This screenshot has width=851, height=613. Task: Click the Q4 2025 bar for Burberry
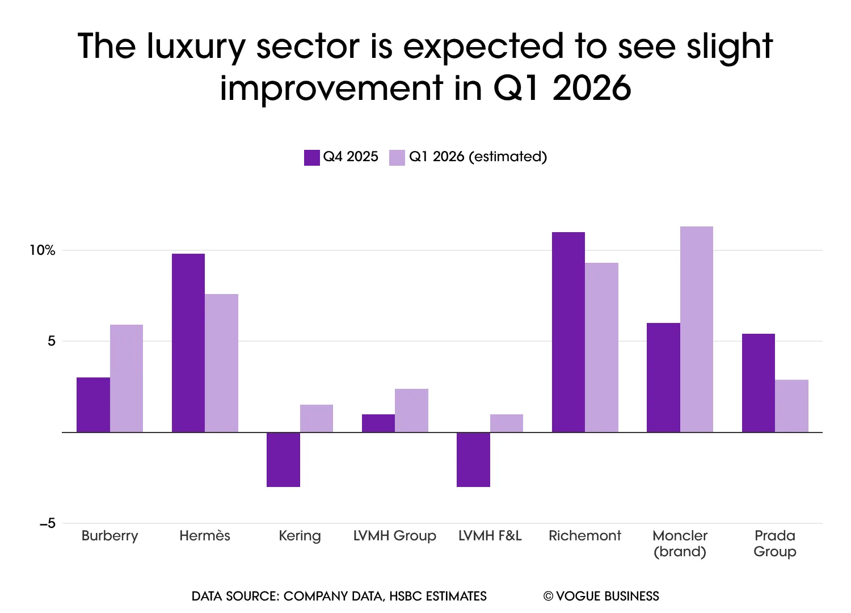(x=93, y=405)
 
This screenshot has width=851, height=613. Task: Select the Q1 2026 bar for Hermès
(x=222, y=363)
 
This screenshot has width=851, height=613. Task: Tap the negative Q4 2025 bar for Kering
(x=283, y=460)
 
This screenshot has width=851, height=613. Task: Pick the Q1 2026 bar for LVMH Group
(x=411, y=410)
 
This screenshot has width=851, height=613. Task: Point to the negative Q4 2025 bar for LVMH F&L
(x=473, y=460)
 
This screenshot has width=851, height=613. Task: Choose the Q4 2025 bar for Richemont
(x=568, y=332)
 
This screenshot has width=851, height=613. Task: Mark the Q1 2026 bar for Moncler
(x=697, y=329)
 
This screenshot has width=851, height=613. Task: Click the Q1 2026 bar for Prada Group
(x=791, y=406)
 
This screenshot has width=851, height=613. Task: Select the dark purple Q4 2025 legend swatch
(x=312, y=157)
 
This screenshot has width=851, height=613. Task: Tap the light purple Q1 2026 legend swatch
(x=397, y=157)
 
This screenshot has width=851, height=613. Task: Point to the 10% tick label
(x=43, y=250)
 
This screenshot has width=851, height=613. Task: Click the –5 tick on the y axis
(x=48, y=523)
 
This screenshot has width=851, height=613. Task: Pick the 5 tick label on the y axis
(x=52, y=341)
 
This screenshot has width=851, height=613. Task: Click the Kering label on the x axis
(x=300, y=536)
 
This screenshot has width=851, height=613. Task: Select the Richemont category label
(x=585, y=536)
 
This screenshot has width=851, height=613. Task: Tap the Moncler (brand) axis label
(x=680, y=543)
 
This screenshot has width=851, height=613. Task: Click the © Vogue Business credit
(x=601, y=597)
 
